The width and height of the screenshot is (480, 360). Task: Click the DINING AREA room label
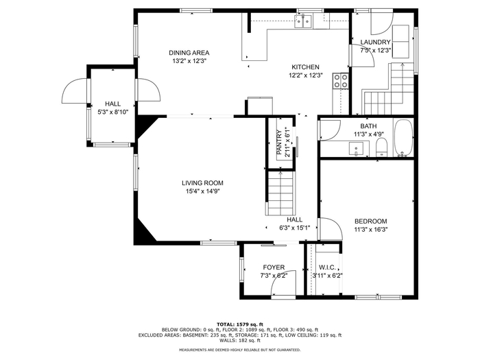pos(189,53)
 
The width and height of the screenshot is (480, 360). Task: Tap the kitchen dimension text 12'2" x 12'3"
pos(306,75)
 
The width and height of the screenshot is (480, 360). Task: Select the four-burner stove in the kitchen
pos(341,81)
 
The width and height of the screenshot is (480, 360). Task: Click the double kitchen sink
pos(303,21)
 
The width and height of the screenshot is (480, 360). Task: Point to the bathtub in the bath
pos(403,138)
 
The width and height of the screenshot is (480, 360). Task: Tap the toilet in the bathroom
pos(381,147)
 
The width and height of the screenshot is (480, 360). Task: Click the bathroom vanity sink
pos(356,149)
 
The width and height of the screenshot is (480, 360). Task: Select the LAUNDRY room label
pos(376,43)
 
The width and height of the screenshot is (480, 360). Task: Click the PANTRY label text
pos(279,143)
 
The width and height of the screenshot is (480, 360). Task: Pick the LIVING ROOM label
pos(203,183)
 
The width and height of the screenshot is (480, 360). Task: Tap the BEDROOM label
pos(371,221)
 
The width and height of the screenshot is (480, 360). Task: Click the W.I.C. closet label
pos(327,267)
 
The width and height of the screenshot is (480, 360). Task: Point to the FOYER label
pos(274,267)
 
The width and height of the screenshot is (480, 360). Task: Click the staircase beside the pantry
pos(280,193)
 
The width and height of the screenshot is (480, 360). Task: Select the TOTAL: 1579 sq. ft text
pos(240,324)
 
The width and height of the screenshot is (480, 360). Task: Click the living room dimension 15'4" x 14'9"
pos(203,191)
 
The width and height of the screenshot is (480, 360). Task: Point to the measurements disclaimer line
pos(240,350)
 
